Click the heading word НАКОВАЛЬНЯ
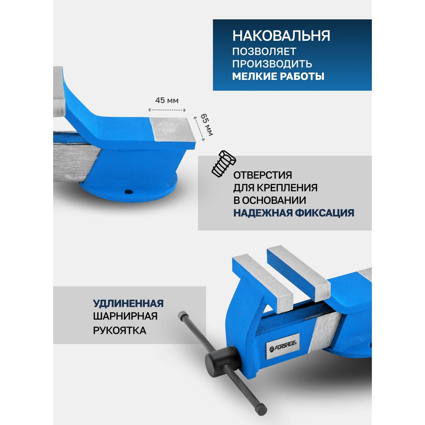click(281, 36)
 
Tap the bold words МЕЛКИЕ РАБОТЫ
click(278, 76)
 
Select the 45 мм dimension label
click(167, 100)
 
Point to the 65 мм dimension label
click(207, 125)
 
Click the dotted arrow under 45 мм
click(167, 110)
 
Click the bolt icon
click(224, 164)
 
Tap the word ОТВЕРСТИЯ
click(262, 175)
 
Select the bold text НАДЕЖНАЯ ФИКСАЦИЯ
click(294, 213)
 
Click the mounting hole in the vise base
click(128, 192)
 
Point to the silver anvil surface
click(173, 130)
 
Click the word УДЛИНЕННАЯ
click(128, 303)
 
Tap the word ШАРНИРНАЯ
click(125, 316)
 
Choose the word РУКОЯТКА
click(119, 330)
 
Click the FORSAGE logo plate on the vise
click(283, 346)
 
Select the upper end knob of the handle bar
click(183, 315)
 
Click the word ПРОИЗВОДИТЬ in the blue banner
click(272, 64)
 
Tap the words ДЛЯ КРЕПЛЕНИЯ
click(275, 188)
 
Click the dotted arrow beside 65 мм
click(199, 129)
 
